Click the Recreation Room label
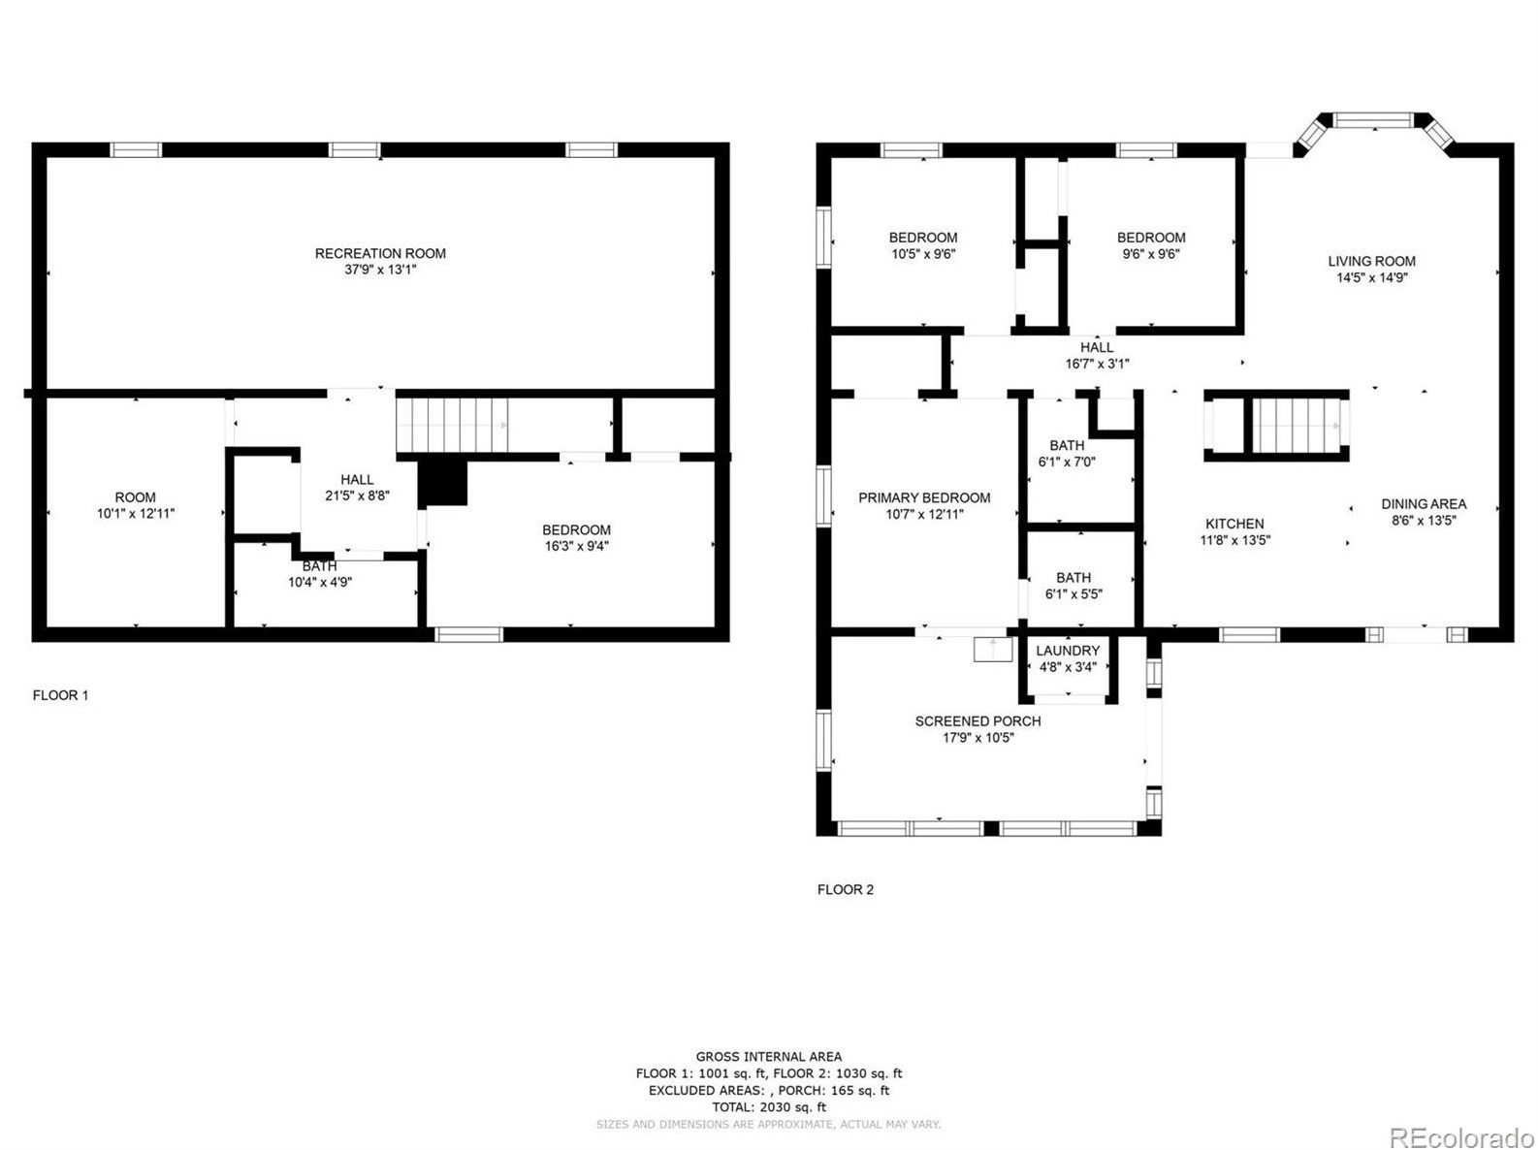pyautogui.click(x=380, y=253)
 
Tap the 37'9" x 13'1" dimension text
pyautogui.click(x=380, y=270)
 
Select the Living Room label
pyautogui.click(x=1371, y=261)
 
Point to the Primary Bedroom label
pyautogui.click(x=924, y=497)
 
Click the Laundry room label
pyautogui.click(x=1068, y=650)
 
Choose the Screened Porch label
pyautogui.click(x=977, y=720)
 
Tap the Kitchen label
pyautogui.click(x=1234, y=524)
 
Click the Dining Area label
pyautogui.click(x=1424, y=503)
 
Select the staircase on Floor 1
pyautogui.click(x=452, y=425)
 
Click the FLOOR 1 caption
pyautogui.click(x=61, y=695)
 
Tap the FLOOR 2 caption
pyautogui.click(x=845, y=889)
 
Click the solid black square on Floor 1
pyautogui.click(x=443, y=482)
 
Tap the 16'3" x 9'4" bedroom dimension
pyautogui.click(x=576, y=546)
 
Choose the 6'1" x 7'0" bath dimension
pyautogui.click(x=1067, y=462)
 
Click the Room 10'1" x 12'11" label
pyautogui.click(x=135, y=505)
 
